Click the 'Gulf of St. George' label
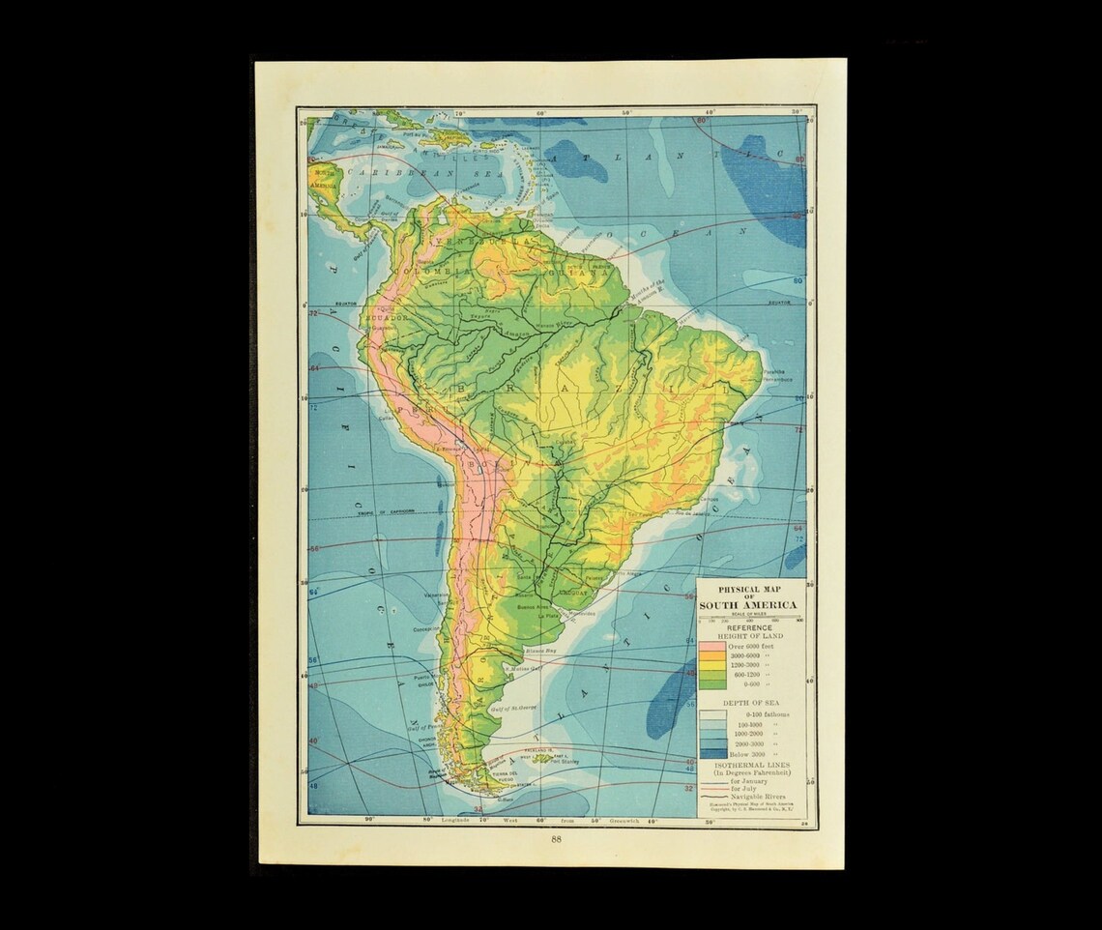point(513,708)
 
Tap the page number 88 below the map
point(556,839)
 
